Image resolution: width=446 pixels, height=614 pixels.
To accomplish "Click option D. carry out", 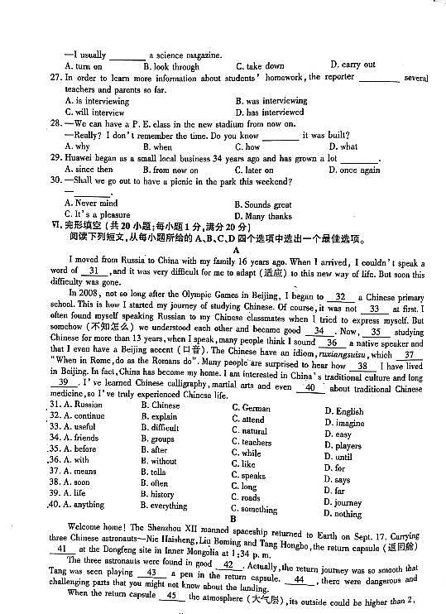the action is click(x=352, y=65).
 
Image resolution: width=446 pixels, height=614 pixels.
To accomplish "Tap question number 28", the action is click(x=56, y=123).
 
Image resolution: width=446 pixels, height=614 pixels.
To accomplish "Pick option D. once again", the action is click(x=354, y=170).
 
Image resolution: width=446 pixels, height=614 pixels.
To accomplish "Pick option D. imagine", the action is click(x=343, y=423).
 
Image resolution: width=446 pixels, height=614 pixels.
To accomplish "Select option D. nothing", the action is click(x=343, y=514).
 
